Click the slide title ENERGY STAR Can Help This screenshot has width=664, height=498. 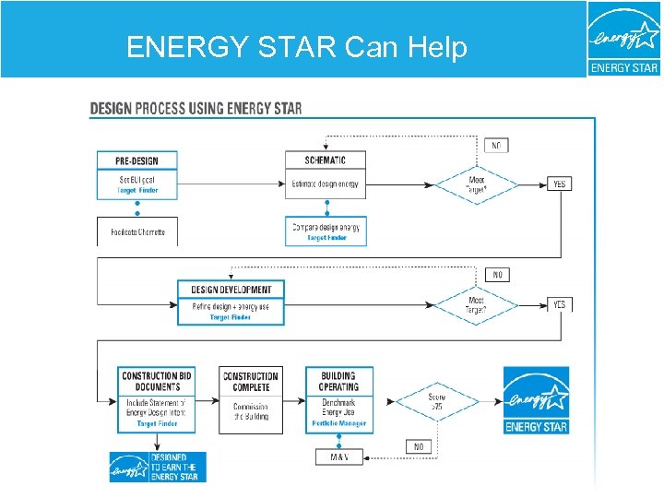coord(296,47)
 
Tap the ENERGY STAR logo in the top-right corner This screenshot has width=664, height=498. coord(624,39)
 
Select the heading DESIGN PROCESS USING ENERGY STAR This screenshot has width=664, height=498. coord(196,108)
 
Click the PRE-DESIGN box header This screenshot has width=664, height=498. coord(136,160)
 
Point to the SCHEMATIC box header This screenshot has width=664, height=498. coord(326,160)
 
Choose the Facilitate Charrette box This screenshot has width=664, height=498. coord(136,231)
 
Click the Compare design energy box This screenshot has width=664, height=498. coord(326,231)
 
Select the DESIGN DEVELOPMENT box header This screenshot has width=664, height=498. coord(231,290)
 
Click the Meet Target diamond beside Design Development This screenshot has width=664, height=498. coord(476,305)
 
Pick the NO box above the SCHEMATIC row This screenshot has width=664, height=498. coord(496,146)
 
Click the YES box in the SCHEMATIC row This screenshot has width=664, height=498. coord(559,184)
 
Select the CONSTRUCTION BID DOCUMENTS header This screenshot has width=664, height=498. coord(157,381)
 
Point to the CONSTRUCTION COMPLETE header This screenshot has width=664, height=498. coord(250,381)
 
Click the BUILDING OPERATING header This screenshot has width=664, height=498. coord(338,381)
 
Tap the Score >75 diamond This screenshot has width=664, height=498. coord(436,402)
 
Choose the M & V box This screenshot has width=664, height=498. coord(338,456)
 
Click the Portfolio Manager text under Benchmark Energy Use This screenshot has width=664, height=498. coord(338,424)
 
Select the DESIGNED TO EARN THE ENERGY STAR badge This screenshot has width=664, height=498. coord(158,467)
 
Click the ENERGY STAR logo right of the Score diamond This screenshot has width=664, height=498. coord(536,399)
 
